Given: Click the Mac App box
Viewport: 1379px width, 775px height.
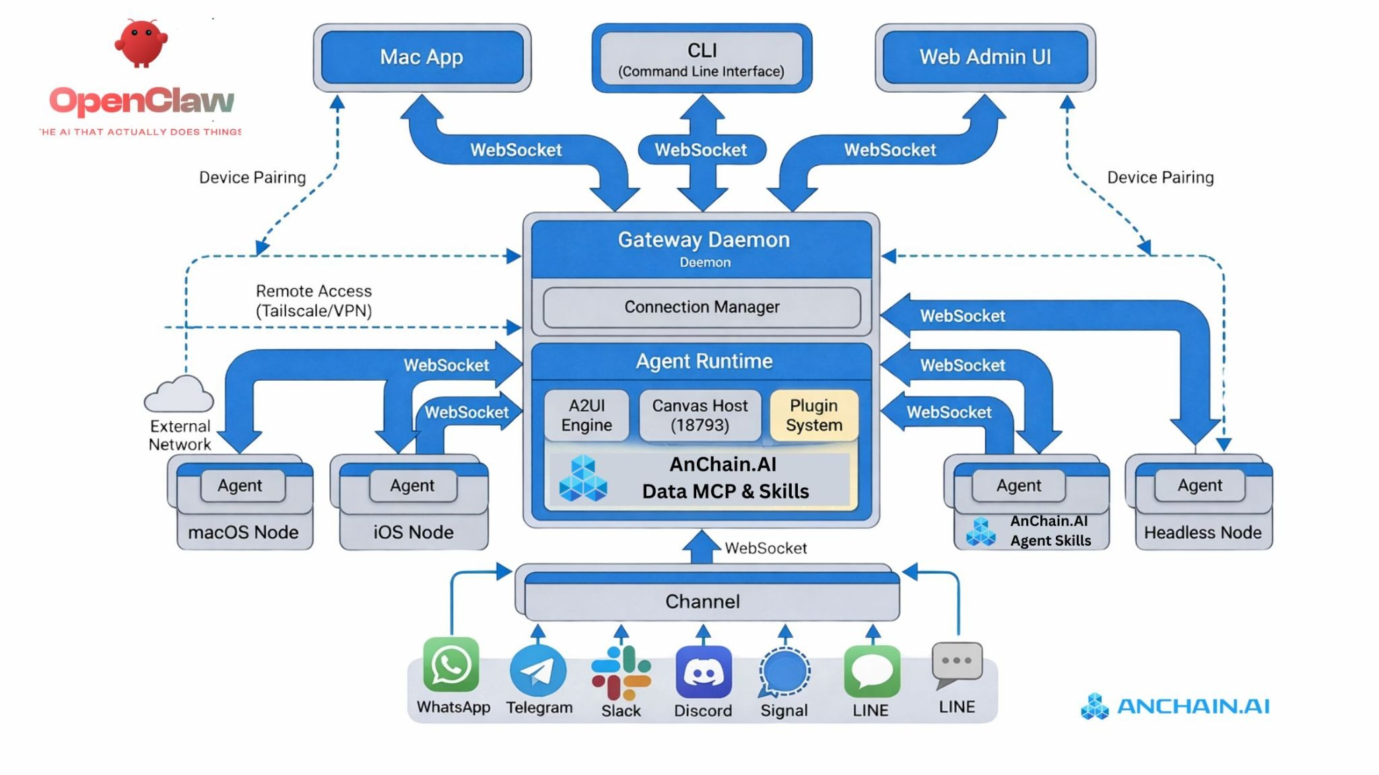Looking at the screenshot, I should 422,57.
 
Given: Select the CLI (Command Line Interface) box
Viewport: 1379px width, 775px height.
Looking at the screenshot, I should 702,59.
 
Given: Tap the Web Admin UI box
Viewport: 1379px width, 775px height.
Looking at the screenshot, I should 985,57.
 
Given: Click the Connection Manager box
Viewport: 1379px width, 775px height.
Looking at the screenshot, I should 702,307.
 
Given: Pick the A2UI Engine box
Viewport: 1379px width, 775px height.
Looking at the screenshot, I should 586,415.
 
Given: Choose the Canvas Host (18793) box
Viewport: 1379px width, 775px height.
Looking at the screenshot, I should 700,415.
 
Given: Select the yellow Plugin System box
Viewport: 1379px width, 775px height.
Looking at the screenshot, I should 814,415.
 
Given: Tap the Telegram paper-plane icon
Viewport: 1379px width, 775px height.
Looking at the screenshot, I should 538,671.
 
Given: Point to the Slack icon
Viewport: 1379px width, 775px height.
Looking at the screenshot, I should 621,673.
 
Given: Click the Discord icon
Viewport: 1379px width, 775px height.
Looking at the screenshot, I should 704,672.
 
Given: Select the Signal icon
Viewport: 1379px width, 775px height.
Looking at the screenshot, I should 784,671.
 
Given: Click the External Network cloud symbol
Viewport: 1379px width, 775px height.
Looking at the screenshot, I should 179,395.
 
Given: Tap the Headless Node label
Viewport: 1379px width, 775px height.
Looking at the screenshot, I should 1203,533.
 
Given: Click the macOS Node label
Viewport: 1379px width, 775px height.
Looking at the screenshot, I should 243,533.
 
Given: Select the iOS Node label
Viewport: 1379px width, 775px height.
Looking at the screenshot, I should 413,533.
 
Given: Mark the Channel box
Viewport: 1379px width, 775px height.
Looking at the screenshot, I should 703,601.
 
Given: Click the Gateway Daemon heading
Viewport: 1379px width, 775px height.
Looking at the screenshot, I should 704,240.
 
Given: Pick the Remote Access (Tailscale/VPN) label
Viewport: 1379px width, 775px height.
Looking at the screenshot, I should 314,301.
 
